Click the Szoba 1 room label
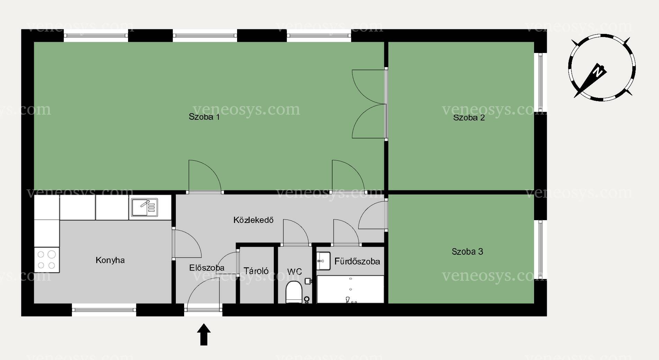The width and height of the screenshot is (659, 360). click(204, 117)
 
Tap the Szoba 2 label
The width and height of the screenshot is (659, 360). click(469, 117)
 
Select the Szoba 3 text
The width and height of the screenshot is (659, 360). click(467, 252)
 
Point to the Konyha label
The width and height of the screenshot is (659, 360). click(110, 260)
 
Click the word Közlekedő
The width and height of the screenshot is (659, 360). click(254, 220)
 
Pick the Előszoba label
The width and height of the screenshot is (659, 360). click(207, 268)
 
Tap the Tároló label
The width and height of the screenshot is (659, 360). click(256, 271)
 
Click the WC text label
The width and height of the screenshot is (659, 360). click(294, 272)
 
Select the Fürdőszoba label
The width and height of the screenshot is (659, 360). click(357, 261)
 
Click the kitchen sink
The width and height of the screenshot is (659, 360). click(144, 207)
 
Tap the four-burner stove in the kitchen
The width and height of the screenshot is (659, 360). click(46, 260)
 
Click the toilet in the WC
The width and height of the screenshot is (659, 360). click(294, 292)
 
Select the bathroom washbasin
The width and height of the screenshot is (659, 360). click(323, 261)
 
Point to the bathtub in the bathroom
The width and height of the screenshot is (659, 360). click(350, 289)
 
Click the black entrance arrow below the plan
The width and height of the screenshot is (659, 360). click(204, 334)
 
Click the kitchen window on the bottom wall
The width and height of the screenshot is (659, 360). click(104, 310)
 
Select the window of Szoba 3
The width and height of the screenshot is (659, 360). click(540, 249)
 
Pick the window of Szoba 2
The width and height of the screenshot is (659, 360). click(540, 83)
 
